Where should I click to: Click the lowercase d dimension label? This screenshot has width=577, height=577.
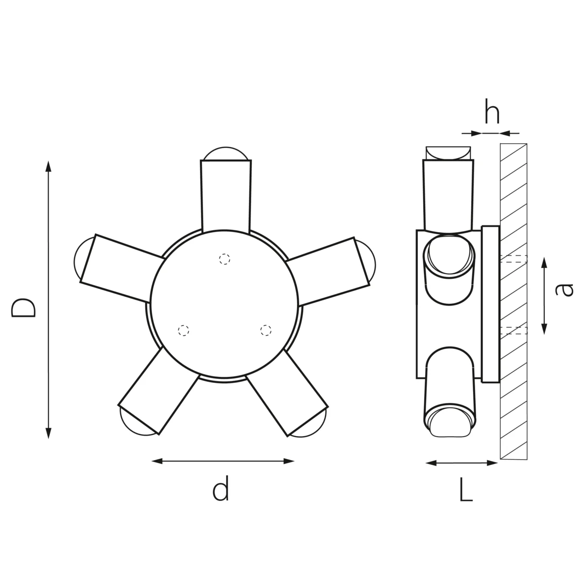(221, 489)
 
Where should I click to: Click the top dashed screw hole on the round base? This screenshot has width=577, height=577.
(225, 259)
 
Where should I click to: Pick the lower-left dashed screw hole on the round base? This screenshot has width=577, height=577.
(183, 330)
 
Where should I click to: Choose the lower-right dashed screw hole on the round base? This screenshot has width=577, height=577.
(265, 330)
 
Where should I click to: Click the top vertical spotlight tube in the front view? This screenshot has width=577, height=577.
(226, 195)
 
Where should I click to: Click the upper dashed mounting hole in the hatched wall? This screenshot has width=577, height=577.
(514, 259)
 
